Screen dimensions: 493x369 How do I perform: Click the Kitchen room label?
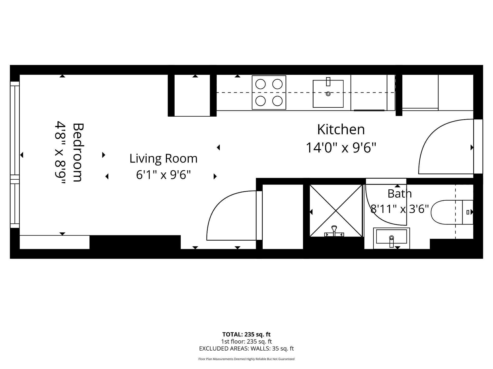[x=341, y=129]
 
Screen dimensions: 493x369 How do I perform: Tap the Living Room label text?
[x=163, y=158]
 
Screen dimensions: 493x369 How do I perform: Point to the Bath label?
[x=400, y=193]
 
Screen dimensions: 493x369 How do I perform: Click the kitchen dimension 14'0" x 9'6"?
[x=341, y=148]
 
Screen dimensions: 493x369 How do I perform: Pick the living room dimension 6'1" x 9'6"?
[x=163, y=175]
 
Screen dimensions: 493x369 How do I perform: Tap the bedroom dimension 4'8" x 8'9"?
[x=60, y=153]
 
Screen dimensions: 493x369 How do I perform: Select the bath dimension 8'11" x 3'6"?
[x=400, y=209]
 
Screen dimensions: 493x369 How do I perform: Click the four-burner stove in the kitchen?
[x=269, y=93]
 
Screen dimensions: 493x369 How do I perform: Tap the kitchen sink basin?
[x=328, y=94]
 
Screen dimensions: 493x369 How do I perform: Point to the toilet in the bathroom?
[x=452, y=212]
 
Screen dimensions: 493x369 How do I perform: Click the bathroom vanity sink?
[x=391, y=238]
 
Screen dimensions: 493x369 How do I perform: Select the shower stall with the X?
[x=336, y=211]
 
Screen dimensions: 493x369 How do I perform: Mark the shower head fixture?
[x=334, y=231]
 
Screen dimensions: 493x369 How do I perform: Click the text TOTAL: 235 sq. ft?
[x=246, y=334]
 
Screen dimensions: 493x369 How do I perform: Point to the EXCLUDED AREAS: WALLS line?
[x=246, y=348]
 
